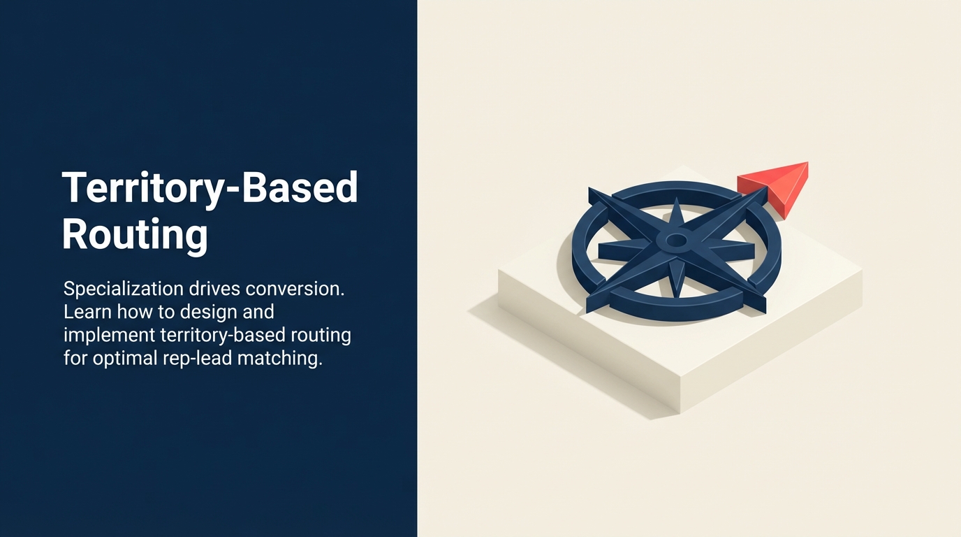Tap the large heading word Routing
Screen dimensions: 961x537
[135, 234]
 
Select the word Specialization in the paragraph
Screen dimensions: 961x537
[123, 289]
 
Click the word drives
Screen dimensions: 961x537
[214, 289]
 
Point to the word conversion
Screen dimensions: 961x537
[295, 289]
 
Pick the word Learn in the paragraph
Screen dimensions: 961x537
[87, 312]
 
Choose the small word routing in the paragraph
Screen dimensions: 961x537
[321, 336]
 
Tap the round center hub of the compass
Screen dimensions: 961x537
[676, 241]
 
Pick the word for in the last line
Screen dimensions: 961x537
[75, 358]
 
